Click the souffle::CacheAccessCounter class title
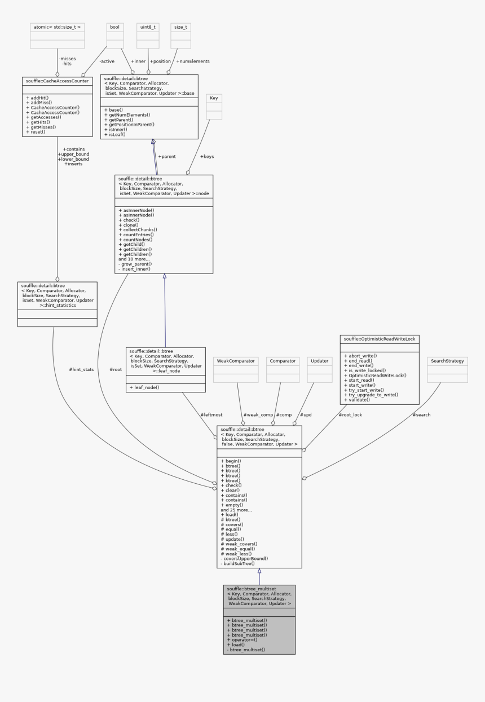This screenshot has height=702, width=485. click(x=57, y=81)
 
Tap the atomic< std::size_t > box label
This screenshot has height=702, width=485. click(x=56, y=27)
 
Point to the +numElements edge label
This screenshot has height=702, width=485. click(x=193, y=61)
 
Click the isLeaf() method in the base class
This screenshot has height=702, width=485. click(x=116, y=134)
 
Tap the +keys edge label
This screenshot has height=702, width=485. click(x=206, y=156)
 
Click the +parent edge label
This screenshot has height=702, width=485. click(x=168, y=156)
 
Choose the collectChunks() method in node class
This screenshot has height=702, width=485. click(x=139, y=229)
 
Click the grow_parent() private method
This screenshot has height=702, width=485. click(x=138, y=264)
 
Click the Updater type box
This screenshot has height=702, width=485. click(x=319, y=360)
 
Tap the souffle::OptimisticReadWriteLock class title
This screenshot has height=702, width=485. click(x=380, y=339)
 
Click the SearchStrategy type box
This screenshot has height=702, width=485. click(x=447, y=360)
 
